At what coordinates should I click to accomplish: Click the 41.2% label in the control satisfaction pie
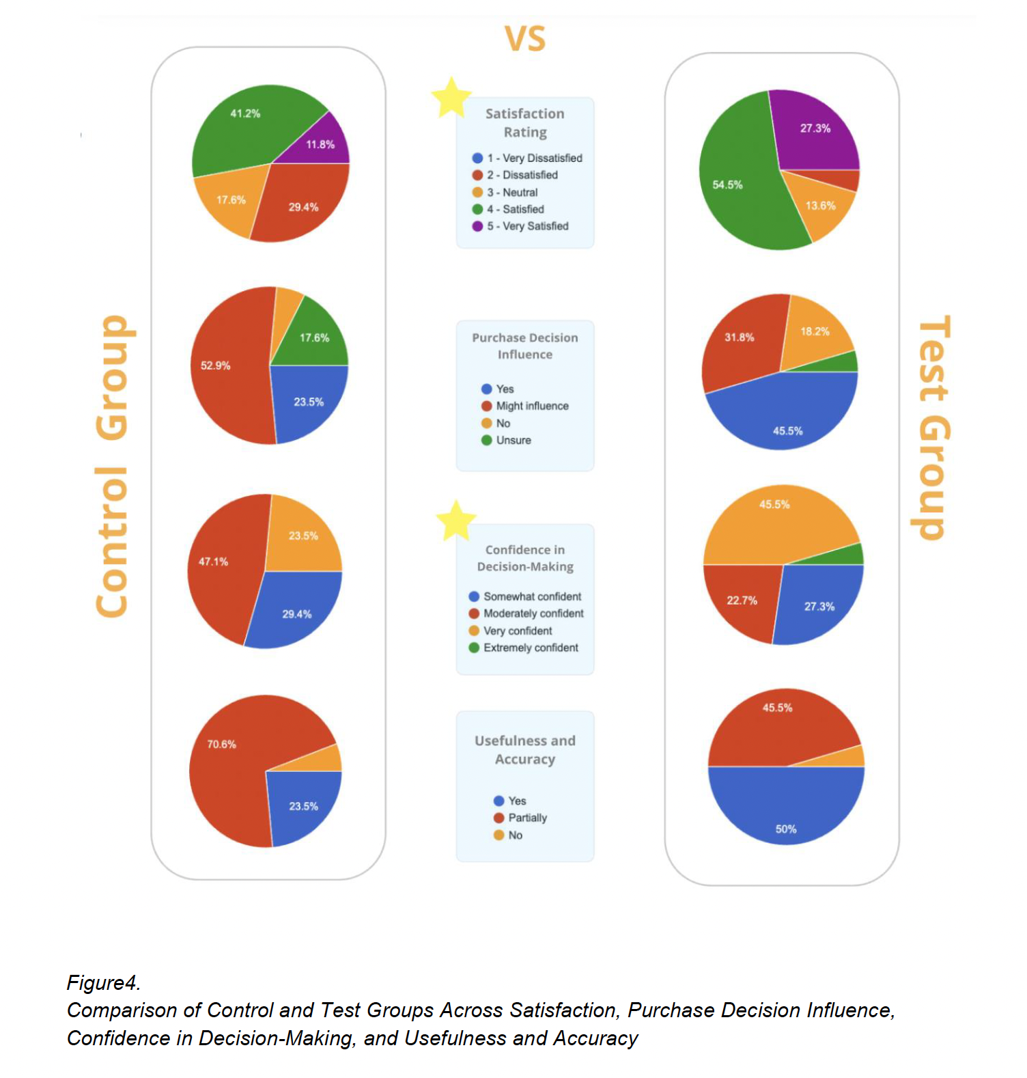click(245, 113)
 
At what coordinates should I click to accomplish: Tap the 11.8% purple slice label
click(320, 144)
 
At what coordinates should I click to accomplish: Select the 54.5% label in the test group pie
click(727, 184)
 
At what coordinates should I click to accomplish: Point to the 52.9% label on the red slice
click(215, 365)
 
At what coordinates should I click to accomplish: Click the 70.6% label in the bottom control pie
click(222, 744)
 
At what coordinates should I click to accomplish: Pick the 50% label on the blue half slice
click(786, 829)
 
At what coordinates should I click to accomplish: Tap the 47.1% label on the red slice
click(213, 562)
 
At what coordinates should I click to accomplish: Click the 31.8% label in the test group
click(740, 337)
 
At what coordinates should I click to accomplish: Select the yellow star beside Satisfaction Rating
click(451, 98)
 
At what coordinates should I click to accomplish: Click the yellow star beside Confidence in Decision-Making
click(455, 520)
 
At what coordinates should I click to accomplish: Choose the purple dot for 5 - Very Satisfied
click(477, 226)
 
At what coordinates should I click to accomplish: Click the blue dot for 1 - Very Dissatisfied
click(477, 158)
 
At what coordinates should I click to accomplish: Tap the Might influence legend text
click(532, 406)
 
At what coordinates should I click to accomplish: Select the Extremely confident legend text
click(531, 648)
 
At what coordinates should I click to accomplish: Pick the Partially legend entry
click(527, 818)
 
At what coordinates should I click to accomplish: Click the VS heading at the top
click(525, 39)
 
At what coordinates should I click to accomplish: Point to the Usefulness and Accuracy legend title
click(525, 749)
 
